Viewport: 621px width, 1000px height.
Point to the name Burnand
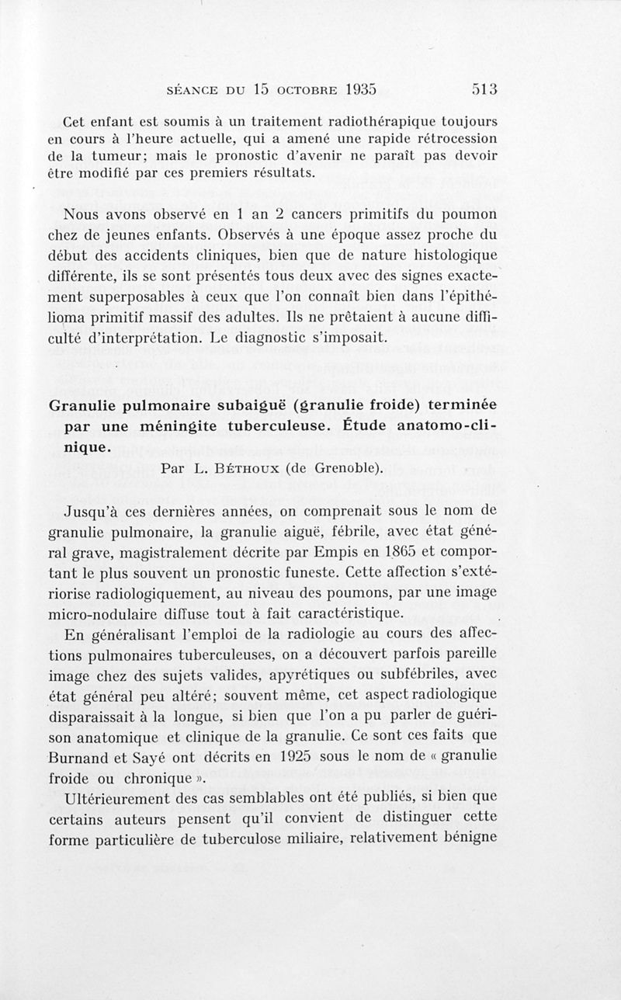[x=85, y=755]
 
